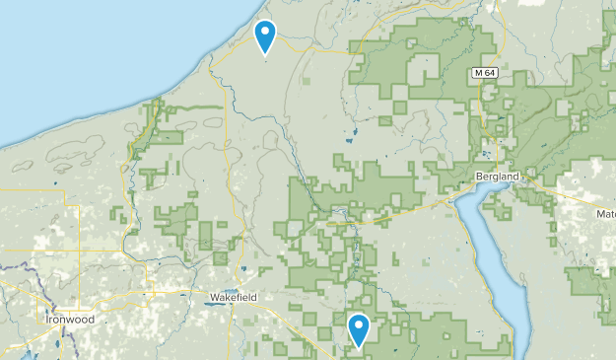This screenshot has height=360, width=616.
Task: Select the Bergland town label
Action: (496, 175)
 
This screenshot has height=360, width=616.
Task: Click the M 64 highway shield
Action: (483, 73)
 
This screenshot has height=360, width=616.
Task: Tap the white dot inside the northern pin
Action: (265, 32)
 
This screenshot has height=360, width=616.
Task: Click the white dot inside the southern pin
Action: (359, 324)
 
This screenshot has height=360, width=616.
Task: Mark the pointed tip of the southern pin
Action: (359, 347)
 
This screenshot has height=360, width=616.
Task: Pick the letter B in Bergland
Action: (477, 175)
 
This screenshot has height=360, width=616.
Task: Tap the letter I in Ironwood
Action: (48, 320)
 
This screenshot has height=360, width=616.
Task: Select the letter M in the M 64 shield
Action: (477, 73)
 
